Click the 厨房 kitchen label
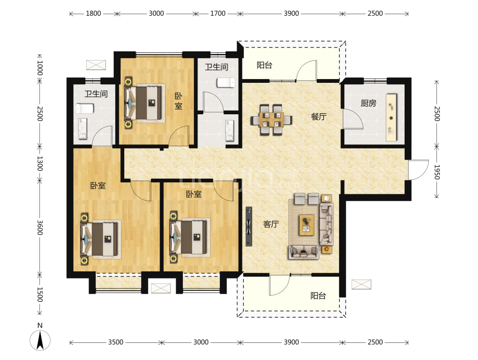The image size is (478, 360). click(x=368, y=103)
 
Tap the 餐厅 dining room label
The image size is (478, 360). click(x=319, y=117)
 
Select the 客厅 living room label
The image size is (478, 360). click(x=271, y=224)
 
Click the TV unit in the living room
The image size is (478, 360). click(x=249, y=227)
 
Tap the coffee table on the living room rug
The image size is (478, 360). click(x=307, y=225)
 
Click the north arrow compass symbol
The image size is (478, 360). click(x=40, y=340)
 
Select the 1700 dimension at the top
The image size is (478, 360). click(x=218, y=13)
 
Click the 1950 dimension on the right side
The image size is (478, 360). click(x=437, y=172)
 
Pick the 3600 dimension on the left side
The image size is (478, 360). click(x=40, y=228)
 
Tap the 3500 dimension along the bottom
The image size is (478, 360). click(x=116, y=342)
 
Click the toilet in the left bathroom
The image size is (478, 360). click(x=85, y=109)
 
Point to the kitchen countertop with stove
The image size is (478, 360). click(x=391, y=117)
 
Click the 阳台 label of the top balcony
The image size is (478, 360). click(x=264, y=65)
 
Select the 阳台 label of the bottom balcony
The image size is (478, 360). click(x=318, y=296)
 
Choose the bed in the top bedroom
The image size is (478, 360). click(x=143, y=103)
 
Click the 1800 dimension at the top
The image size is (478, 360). click(x=93, y=13)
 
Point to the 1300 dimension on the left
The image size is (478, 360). click(x=40, y=164)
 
